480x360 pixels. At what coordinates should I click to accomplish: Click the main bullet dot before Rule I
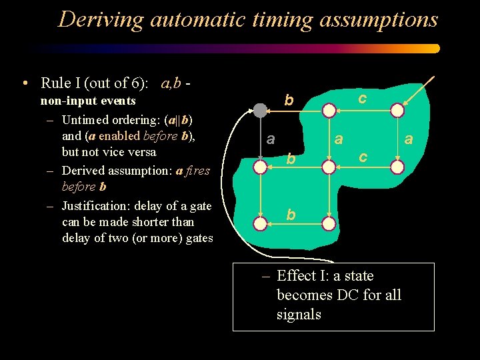click(25, 84)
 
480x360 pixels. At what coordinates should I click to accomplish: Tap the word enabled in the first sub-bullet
click(121, 136)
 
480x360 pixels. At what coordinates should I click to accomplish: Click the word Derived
click(83, 171)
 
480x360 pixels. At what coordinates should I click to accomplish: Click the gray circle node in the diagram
click(260, 111)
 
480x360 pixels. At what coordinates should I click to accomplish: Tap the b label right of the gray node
click(289, 101)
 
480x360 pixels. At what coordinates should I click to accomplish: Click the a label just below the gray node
click(270, 139)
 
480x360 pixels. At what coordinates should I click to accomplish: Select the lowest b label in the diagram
click(291, 214)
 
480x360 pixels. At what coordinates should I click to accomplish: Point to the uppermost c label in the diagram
click(362, 98)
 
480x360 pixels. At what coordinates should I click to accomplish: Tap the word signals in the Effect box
click(299, 314)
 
